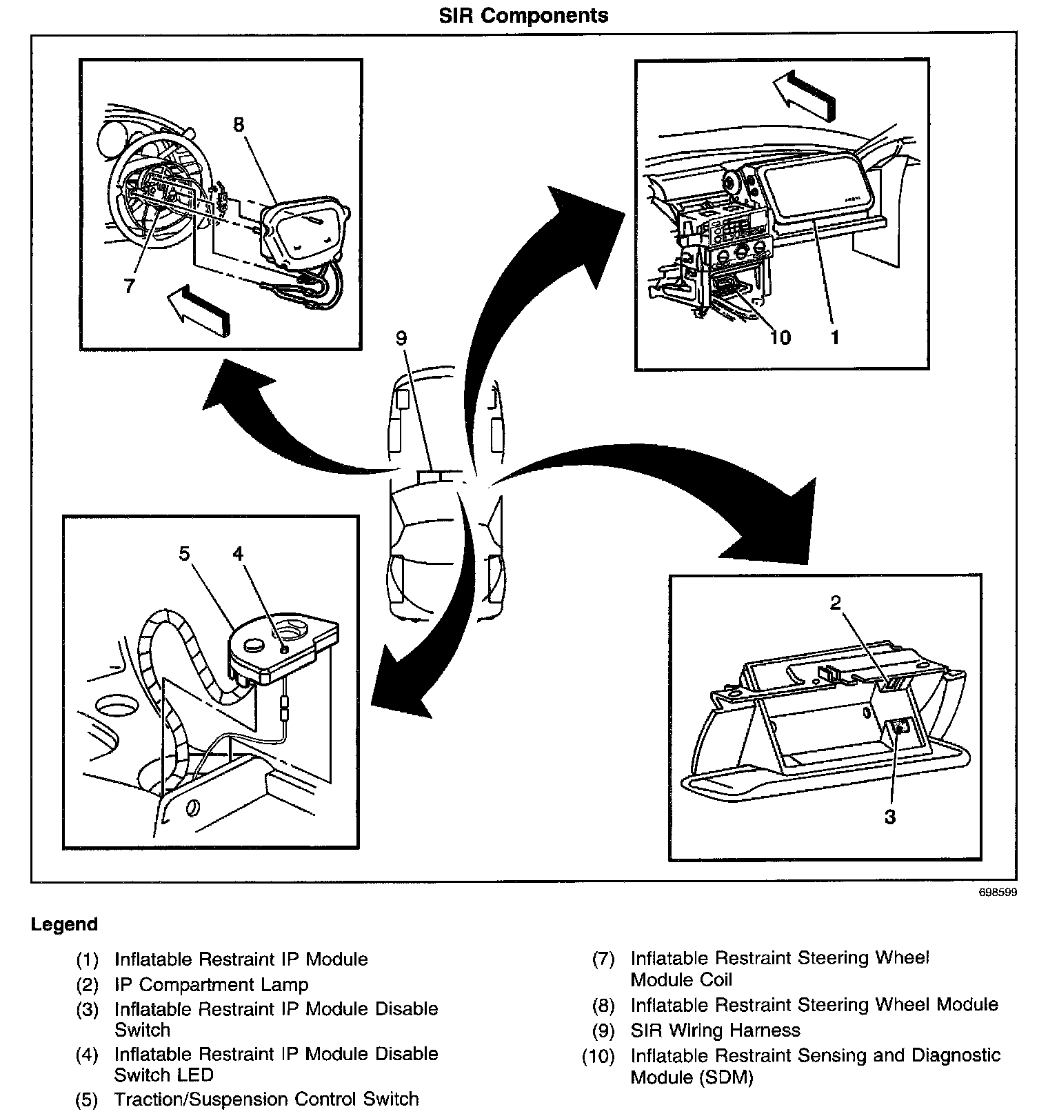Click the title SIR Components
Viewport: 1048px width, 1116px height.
(x=524, y=16)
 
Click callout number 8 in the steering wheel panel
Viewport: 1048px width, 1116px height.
(x=239, y=125)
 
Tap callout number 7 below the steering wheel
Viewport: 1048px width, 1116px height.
(x=129, y=286)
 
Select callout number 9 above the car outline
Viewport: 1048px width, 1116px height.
(x=402, y=338)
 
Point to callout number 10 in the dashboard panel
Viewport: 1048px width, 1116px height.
(x=780, y=337)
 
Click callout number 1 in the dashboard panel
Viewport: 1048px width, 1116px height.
(x=835, y=337)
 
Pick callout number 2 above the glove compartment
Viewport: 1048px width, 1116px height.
(x=836, y=603)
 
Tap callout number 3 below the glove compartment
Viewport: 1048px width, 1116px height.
(x=890, y=817)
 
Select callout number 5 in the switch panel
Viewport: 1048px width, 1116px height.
(x=184, y=554)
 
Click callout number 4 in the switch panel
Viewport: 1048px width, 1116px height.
(x=238, y=554)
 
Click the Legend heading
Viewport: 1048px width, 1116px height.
(x=64, y=924)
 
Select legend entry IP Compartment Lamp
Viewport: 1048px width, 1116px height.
(x=211, y=985)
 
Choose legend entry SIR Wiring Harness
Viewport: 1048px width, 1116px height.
(x=715, y=1030)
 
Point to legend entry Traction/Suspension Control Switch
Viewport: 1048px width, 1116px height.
(x=266, y=1099)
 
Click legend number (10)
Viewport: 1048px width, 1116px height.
(x=598, y=1056)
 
